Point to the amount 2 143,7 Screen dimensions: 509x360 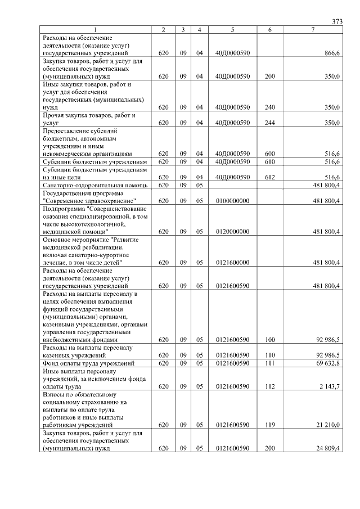click(329, 386)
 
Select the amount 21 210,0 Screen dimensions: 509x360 click(328, 425)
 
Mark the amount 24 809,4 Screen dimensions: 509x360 click(328, 448)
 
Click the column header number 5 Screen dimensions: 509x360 click(232, 29)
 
